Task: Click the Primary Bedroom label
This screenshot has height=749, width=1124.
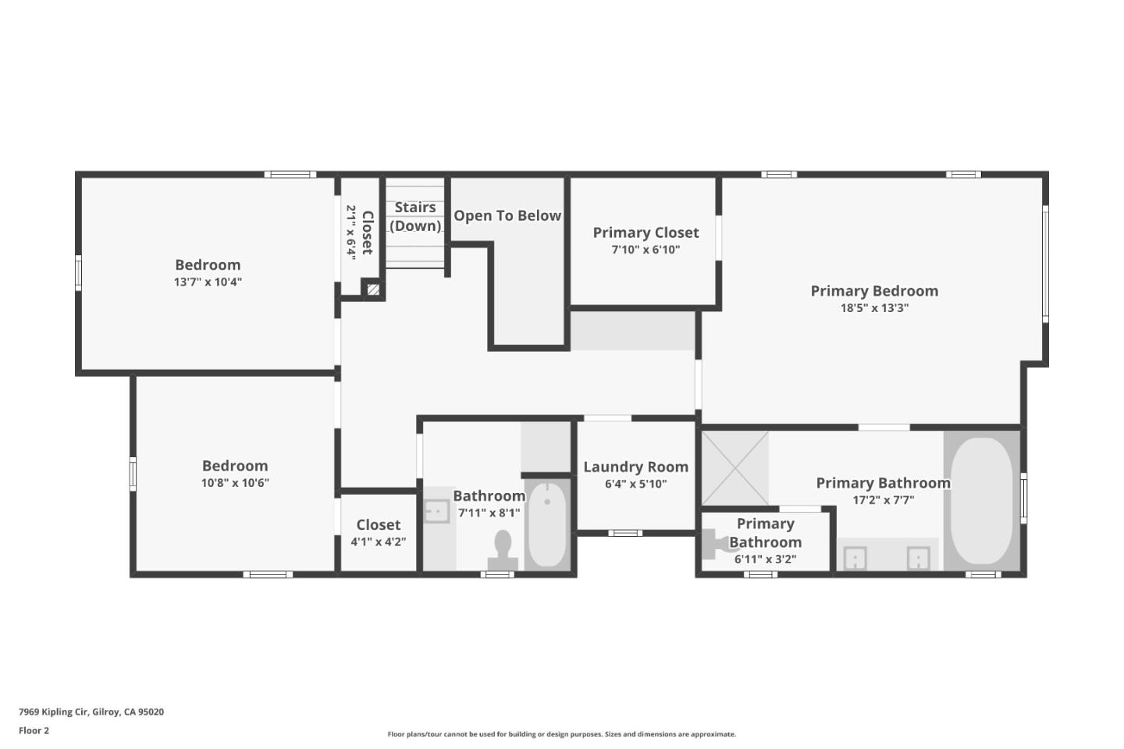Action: click(x=874, y=291)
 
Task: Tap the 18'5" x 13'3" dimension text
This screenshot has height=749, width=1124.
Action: click(x=874, y=308)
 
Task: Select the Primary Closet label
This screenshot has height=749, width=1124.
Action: click(x=646, y=233)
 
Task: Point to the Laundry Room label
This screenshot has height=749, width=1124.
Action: click(x=635, y=467)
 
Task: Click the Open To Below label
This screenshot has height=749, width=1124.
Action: click(x=507, y=216)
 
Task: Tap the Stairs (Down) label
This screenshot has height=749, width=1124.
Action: click(x=415, y=216)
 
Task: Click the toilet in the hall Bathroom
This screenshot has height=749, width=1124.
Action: click(x=503, y=549)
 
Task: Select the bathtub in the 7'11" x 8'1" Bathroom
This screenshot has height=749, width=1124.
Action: click(x=546, y=524)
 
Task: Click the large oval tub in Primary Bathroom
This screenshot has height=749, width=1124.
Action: click(x=981, y=500)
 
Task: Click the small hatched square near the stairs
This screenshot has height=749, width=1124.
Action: click(x=373, y=289)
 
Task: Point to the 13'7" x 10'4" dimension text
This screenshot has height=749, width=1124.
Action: click(x=208, y=282)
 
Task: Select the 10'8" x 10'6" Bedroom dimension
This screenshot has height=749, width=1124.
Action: click(x=235, y=483)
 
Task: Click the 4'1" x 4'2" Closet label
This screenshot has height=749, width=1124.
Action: click(x=379, y=525)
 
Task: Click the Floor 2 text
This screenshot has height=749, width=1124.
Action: click(x=34, y=731)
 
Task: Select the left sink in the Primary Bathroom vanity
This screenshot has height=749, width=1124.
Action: click(x=855, y=559)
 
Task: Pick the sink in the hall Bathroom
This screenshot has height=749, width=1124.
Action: click(x=436, y=511)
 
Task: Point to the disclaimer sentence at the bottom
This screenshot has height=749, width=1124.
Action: click(x=561, y=734)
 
